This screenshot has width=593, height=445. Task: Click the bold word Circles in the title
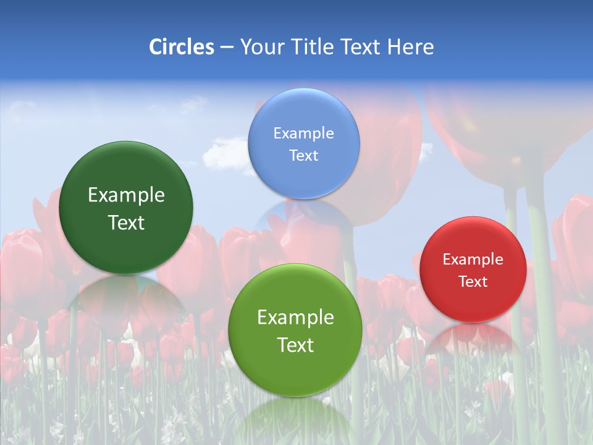(x=182, y=47)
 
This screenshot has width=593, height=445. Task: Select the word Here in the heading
(x=411, y=47)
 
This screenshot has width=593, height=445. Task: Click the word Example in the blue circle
(x=303, y=133)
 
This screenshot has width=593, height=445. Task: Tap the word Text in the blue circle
(x=303, y=155)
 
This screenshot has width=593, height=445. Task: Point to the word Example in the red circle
(x=473, y=259)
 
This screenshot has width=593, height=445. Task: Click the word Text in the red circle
(x=473, y=281)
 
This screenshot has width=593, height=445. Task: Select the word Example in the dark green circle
(x=126, y=195)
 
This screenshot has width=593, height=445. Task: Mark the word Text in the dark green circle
(x=126, y=222)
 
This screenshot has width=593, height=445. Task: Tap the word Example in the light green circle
(x=295, y=318)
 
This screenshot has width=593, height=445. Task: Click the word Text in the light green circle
(x=295, y=345)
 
